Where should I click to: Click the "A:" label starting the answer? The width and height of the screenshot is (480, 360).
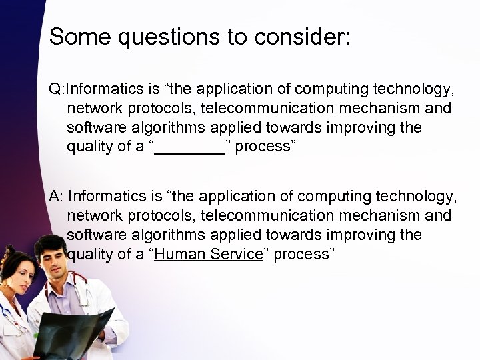[x=57, y=197]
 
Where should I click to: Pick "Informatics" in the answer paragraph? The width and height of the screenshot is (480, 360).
[x=104, y=197]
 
